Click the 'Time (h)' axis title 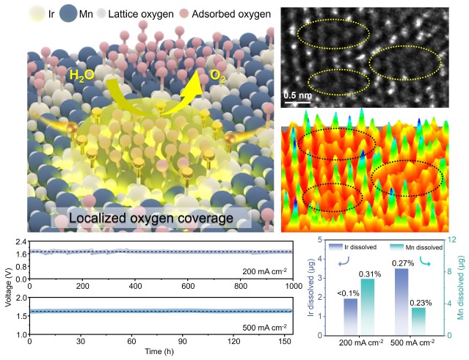[161, 352]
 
